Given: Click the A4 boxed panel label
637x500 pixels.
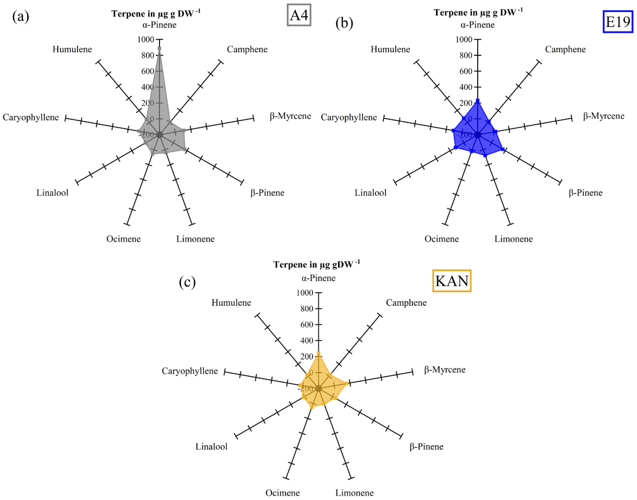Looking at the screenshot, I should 299,15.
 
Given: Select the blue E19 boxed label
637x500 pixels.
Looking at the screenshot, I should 617,22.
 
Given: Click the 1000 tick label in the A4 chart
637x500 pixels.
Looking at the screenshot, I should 146,39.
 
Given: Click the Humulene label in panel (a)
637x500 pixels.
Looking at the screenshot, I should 72,49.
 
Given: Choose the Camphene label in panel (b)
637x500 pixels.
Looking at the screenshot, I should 565,49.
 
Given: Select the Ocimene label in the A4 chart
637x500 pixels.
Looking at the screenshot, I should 123,239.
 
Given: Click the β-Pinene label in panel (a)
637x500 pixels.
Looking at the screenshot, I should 267,193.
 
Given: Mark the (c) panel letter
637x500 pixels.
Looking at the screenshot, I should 187,282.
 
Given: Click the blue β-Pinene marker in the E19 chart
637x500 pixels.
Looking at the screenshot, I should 503,149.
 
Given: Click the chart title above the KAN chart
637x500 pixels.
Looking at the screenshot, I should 316,264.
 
